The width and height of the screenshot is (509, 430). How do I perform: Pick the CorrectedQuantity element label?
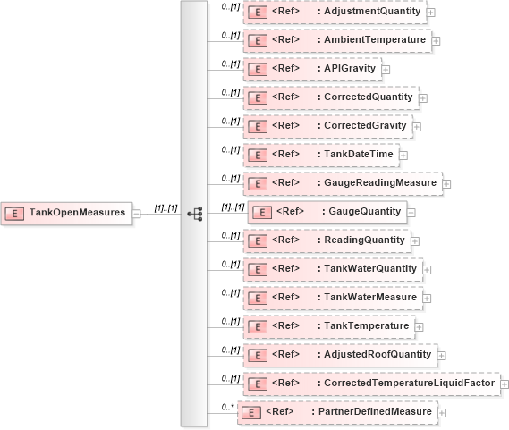click(365, 97)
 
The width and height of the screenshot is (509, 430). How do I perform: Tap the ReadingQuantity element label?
click(361, 240)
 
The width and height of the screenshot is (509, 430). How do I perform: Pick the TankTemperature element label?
click(363, 325)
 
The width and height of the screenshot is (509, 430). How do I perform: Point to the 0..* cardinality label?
click(227, 406)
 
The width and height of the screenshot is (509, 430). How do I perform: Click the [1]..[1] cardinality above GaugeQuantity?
click(233, 207)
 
